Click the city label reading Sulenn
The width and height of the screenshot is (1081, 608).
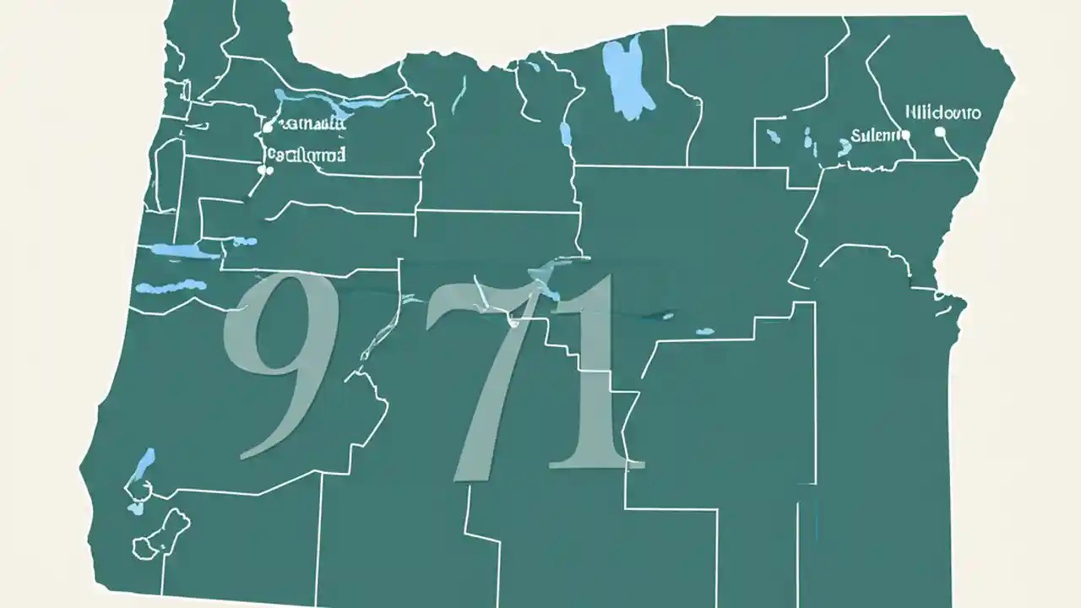point(874,134)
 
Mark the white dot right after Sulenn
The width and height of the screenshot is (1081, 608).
point(905,134)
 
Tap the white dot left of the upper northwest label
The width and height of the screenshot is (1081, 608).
point(268,128)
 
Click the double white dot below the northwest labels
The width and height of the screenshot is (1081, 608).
point(265,170)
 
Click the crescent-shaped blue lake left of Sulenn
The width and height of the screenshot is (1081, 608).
point(844,146)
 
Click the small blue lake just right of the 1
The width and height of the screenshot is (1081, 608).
point(668,316)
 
